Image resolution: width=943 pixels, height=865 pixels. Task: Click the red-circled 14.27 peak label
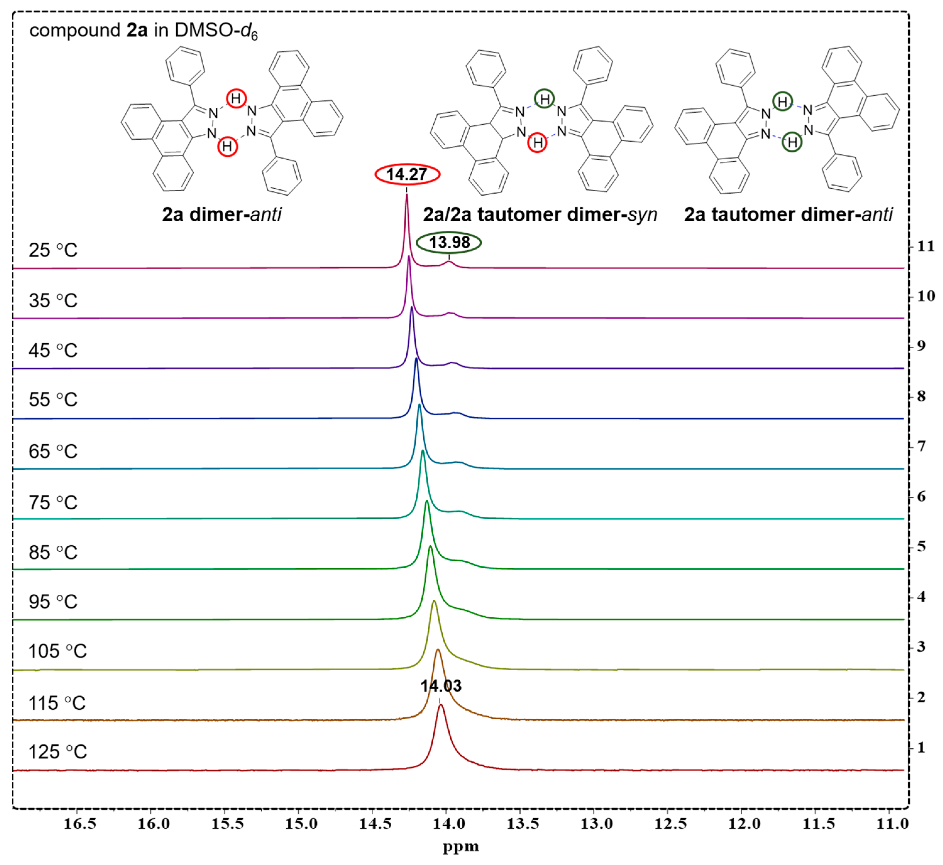coord(407,175)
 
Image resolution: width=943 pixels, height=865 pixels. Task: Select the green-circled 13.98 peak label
coord(449,242)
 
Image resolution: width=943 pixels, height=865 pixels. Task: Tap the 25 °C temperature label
coord(53,251)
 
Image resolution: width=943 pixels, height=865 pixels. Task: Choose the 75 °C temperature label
coord(53,503)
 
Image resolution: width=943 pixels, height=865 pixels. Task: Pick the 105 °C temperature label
coord(58,651)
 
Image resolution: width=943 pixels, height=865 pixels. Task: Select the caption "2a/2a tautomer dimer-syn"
coord(540,214)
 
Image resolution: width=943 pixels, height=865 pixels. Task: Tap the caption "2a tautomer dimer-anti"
coord(788,214)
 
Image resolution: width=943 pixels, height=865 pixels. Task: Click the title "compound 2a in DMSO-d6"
coord(143,31)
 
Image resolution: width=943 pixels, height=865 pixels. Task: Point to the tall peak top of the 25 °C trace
coord(406,195)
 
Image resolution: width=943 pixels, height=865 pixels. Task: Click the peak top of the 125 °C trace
coord(440,706)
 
